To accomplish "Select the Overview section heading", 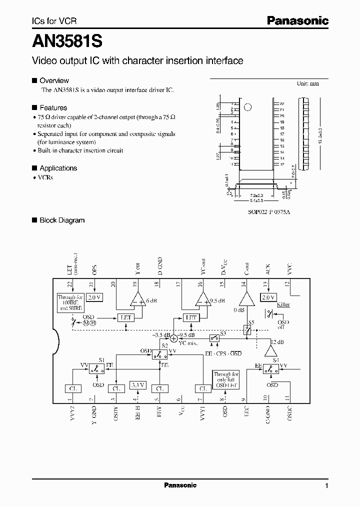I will pos(54,80).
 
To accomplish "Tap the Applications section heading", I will pos(58,168).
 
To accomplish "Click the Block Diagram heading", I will pos(62,220).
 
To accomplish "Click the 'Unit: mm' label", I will pos(307,83).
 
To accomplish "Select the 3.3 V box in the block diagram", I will pos(137,385).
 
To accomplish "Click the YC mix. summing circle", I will pos(174,338).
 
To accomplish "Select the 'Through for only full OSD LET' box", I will pos(226,380).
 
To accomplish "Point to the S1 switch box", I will pos(97,369).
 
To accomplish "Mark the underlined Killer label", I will pos(283,304).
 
